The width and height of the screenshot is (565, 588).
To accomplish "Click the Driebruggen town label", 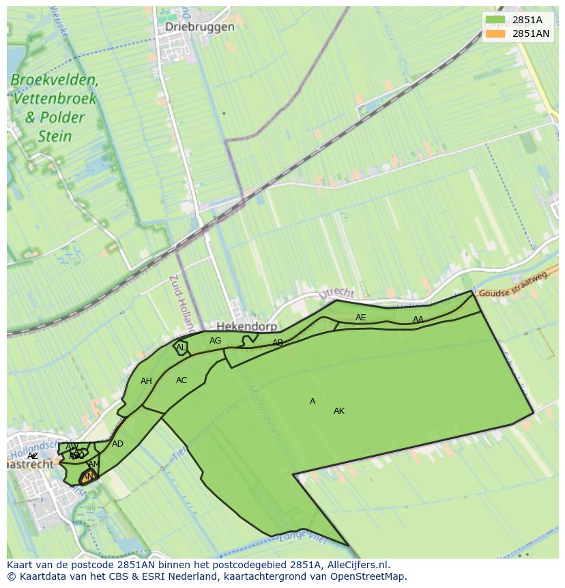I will click(200, 27).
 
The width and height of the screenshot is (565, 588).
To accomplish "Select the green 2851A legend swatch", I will click(495, 20).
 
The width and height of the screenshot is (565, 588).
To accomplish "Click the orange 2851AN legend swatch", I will click(495, 33).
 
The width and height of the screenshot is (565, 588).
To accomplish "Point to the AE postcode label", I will click(361, 318).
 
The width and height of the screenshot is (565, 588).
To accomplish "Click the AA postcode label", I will click(418, 320).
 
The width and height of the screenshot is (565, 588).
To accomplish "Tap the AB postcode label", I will click(278, 343).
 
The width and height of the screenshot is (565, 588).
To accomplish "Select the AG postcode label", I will click(216, 341).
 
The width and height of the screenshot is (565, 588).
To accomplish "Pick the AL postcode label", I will click(181, 348).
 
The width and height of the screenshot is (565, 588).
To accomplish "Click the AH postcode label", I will click(146, 381).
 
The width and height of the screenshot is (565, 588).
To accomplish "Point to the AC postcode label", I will click(182, 380).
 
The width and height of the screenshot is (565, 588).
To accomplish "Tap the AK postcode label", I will click(339, 411).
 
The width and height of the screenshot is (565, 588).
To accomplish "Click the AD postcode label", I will click(118, 444).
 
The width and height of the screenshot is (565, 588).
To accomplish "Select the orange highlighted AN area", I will click(88, 477).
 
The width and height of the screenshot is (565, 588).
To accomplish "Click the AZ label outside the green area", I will click(33, 456).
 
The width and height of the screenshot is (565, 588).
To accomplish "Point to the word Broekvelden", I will click(55, 80).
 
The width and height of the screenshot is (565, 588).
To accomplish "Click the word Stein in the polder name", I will click(55, 136).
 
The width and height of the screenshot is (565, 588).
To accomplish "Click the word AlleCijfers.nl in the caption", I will click(356, 565).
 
